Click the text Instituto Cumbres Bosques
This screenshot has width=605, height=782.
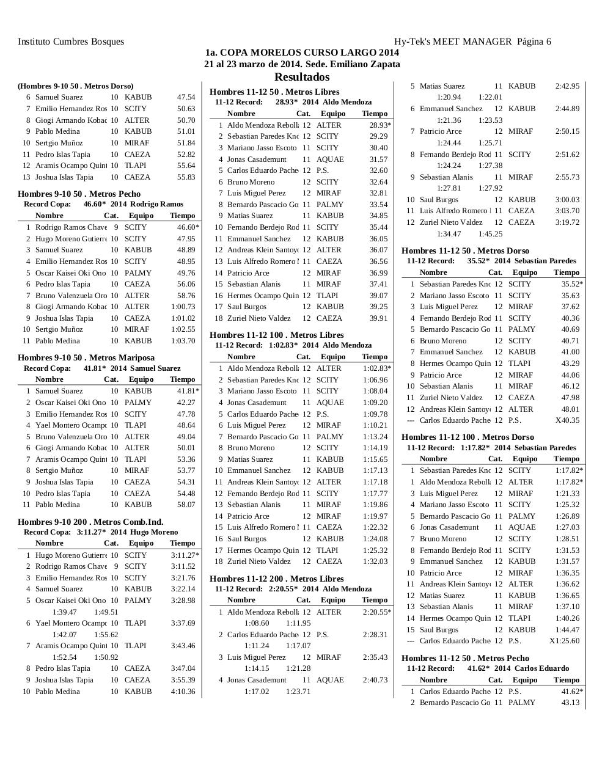tap(71, 42)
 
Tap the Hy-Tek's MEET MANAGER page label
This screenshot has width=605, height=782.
tap(472, 42)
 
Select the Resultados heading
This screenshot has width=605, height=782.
tap(302, 77)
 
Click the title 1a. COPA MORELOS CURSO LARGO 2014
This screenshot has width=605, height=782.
tap(302, 53)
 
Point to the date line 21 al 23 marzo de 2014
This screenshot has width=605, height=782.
tap(302, 64)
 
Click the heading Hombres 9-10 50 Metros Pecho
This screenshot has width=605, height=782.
tap(79, 194)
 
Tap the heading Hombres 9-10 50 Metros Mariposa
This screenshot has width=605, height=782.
tap(86, 357)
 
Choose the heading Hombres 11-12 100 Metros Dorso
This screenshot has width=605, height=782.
tap(468, 437)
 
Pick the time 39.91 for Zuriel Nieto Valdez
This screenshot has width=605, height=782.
tap(378, 318)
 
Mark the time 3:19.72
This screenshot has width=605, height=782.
tap(567, 222)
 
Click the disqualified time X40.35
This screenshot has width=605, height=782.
tap(567, 420)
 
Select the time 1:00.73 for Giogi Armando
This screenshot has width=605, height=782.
tap(183, 307)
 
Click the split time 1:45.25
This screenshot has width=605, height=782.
tap(490, 234)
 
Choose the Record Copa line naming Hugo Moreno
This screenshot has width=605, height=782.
tap(101, 532)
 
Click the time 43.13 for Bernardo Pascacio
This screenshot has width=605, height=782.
tap(570, 703)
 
